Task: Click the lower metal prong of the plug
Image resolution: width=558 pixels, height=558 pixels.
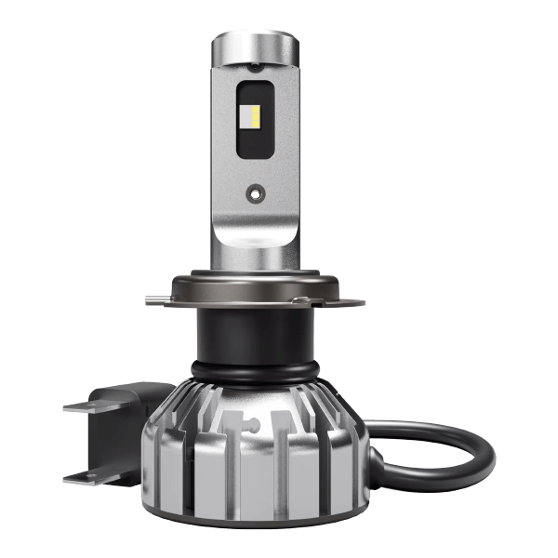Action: (88, 475)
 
